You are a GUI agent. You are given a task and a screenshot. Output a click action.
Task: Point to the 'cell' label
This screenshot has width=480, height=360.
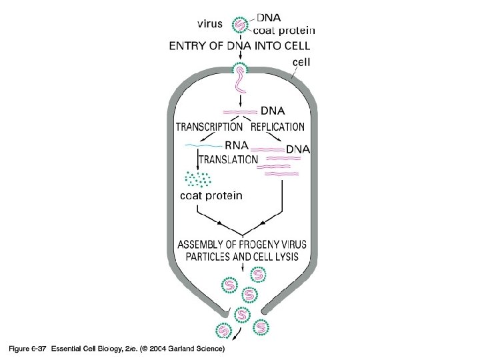pyautogui.click(x=302, y=62)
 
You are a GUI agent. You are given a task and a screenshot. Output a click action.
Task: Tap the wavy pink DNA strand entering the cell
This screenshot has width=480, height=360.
pyautogui.click(x=239, y=83)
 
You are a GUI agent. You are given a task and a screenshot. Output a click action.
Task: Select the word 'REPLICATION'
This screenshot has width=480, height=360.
pyautogui.click(x=278, y=127)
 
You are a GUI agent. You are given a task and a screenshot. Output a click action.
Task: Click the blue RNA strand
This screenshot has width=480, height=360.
pyautogui.click(x=206, y=145)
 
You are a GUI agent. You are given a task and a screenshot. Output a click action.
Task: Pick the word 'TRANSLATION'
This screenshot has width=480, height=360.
pyautogui.click(x=229, y=160)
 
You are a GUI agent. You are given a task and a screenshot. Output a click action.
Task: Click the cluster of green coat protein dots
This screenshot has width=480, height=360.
pyautogui.click(x=198, y=179)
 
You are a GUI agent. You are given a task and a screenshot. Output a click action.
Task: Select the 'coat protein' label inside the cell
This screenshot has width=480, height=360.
pyautogui.click(x=211, y=196)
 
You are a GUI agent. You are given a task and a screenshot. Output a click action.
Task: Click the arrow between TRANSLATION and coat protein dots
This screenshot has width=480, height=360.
pyautogui.click(x=198, y=159)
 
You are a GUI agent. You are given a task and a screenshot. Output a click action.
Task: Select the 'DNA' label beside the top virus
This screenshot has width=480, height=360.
pyautogui.click(x=269, y=18)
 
